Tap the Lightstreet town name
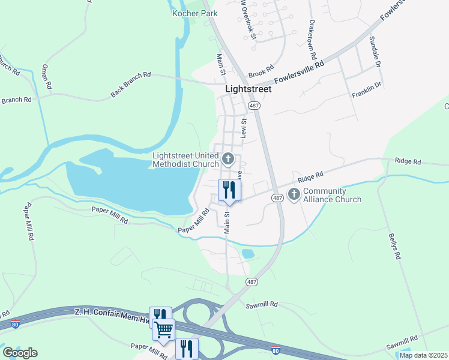point(248,89)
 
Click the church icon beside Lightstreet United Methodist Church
point(228,159)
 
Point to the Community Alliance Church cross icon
point(294,194)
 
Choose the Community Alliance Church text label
point(333,196)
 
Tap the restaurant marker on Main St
point(229,191)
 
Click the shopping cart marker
point(163,329)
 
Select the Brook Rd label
point(261,73)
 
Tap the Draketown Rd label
point(312,34)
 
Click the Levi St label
point(244,128)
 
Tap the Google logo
point(20,353)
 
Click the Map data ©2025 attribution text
point(423,355)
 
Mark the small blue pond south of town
point(247,254)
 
